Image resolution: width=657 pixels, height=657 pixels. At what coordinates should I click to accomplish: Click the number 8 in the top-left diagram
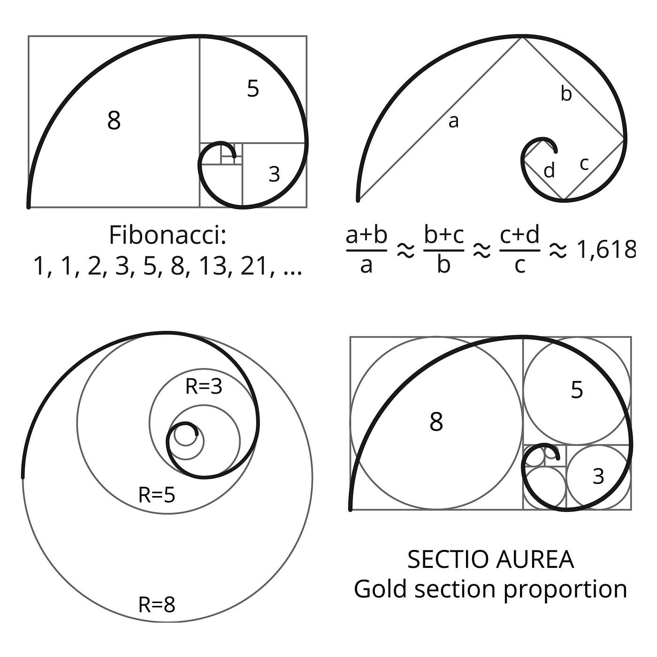click(x=114, y=120)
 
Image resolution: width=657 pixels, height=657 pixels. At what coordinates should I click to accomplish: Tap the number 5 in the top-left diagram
click(x=253, y=88)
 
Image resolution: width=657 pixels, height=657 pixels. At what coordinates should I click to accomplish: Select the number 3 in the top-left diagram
click(x=274, y=174)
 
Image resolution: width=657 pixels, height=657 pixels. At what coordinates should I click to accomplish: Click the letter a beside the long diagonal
click(x=453, y=122)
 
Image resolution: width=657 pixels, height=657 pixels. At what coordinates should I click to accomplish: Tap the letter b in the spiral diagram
click(x=566, y=93)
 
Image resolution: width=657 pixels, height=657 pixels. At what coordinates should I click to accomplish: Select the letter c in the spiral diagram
click(x=584, y=164)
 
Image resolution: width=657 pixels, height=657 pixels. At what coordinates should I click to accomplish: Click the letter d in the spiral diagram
click(x=549, y=170)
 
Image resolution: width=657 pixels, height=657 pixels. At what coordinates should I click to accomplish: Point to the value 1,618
click(x=606, y=249)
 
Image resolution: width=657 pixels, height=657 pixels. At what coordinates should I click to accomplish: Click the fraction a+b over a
click(x=367, y=250)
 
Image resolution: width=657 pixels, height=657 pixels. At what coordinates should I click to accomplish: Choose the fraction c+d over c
click(x=519, y=250)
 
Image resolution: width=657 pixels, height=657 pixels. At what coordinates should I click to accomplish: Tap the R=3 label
click(x=204, y=386)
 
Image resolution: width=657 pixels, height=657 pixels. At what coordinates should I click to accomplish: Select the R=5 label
click(x=157, y=495)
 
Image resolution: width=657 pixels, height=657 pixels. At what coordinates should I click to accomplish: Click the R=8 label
click(x=157, y=605)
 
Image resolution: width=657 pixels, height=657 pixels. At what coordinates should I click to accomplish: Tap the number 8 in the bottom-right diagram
click(x=436, y=421)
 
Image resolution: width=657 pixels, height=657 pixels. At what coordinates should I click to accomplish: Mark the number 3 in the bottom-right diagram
click(x=598, y=476)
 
